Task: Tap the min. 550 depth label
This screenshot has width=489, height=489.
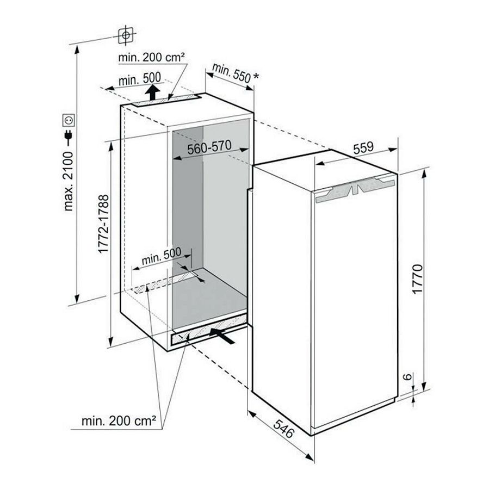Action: (x=230, y=72)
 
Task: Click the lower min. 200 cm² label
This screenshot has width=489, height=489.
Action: (x=119, y=420)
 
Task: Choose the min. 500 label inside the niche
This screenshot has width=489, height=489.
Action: (x=161, y=259)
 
